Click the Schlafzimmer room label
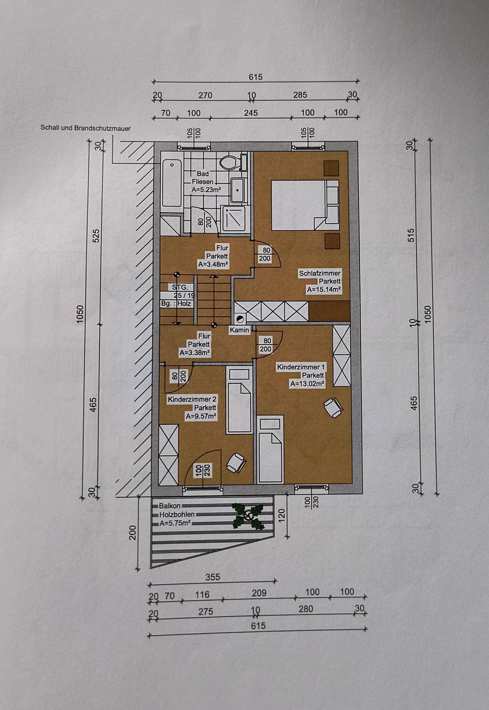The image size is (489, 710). click(x=320, y=273)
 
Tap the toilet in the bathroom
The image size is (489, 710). click(x=233, y=162)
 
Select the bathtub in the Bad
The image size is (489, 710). click(x=171, y=183)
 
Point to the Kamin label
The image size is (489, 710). click(x=239, y=330)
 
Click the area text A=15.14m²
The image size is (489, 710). click(x=324, y=290)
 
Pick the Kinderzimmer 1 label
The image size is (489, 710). click(x=301, y=367)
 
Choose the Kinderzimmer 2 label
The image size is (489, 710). click(x=192, y=399)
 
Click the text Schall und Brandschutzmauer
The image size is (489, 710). click(x=85, y=128)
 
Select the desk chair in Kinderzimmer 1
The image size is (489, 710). click(x=333, y=407)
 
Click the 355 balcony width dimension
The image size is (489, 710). click(x=213, y=577)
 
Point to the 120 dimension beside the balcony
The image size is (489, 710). click(x=281, y=514)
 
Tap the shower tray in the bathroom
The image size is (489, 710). click(x=235, y=217)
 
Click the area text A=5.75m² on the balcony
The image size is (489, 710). click(x=175, y=523)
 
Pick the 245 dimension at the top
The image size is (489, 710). click(x=251, y=113)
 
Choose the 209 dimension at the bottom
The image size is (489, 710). click(x=259, y=593)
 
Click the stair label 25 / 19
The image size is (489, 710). click(x=184, y=295)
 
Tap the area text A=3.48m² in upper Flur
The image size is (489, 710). click(x=213, y=264)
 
